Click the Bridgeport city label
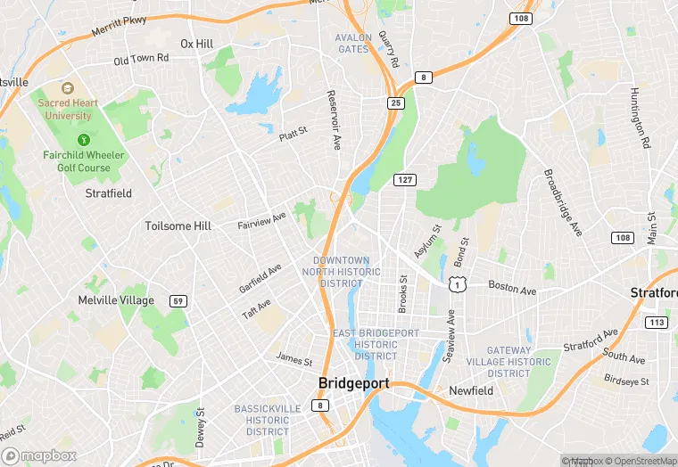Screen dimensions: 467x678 coord(353,383)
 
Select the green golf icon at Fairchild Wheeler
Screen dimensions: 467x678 coord(84,139)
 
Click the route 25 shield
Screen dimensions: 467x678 coord(396,103)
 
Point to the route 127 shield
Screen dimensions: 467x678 coord(405,180)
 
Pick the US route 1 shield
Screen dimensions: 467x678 coord(457,284)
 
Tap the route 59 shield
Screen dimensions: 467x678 coord(179,300)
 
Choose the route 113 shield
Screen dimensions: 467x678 coord(657,322)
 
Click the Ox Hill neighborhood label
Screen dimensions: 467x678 coord(197,44)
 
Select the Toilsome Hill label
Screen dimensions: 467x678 coord(178,226)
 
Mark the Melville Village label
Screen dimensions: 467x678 coord(116,300)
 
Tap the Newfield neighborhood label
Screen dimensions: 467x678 coord(471,391)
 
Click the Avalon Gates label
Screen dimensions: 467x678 coord(352,43)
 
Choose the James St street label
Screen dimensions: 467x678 coord(294,361)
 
